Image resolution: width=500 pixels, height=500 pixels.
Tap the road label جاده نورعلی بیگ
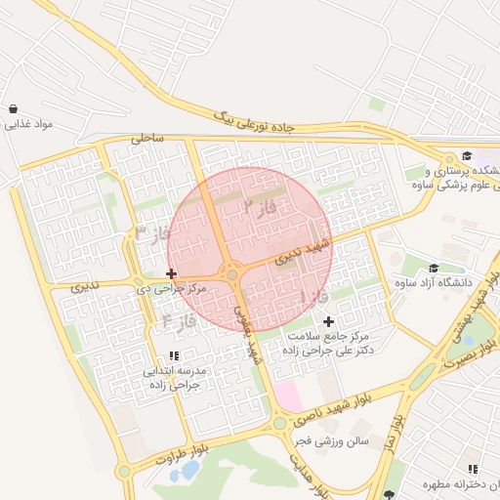(x=254, y=121)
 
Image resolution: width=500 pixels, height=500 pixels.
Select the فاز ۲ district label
(x=261, y=206)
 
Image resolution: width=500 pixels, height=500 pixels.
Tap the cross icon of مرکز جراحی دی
(x=172, y=273)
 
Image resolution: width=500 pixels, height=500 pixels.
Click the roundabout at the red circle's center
(x=232, y=274)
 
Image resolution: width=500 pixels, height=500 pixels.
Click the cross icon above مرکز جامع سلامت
(x=327, y=321)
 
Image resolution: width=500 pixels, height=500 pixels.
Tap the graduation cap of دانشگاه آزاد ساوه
(x=433, y=268)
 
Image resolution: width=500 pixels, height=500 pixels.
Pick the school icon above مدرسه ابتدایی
(x=174, y=356)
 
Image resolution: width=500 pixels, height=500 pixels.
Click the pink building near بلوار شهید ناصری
(x=288, y=396)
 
